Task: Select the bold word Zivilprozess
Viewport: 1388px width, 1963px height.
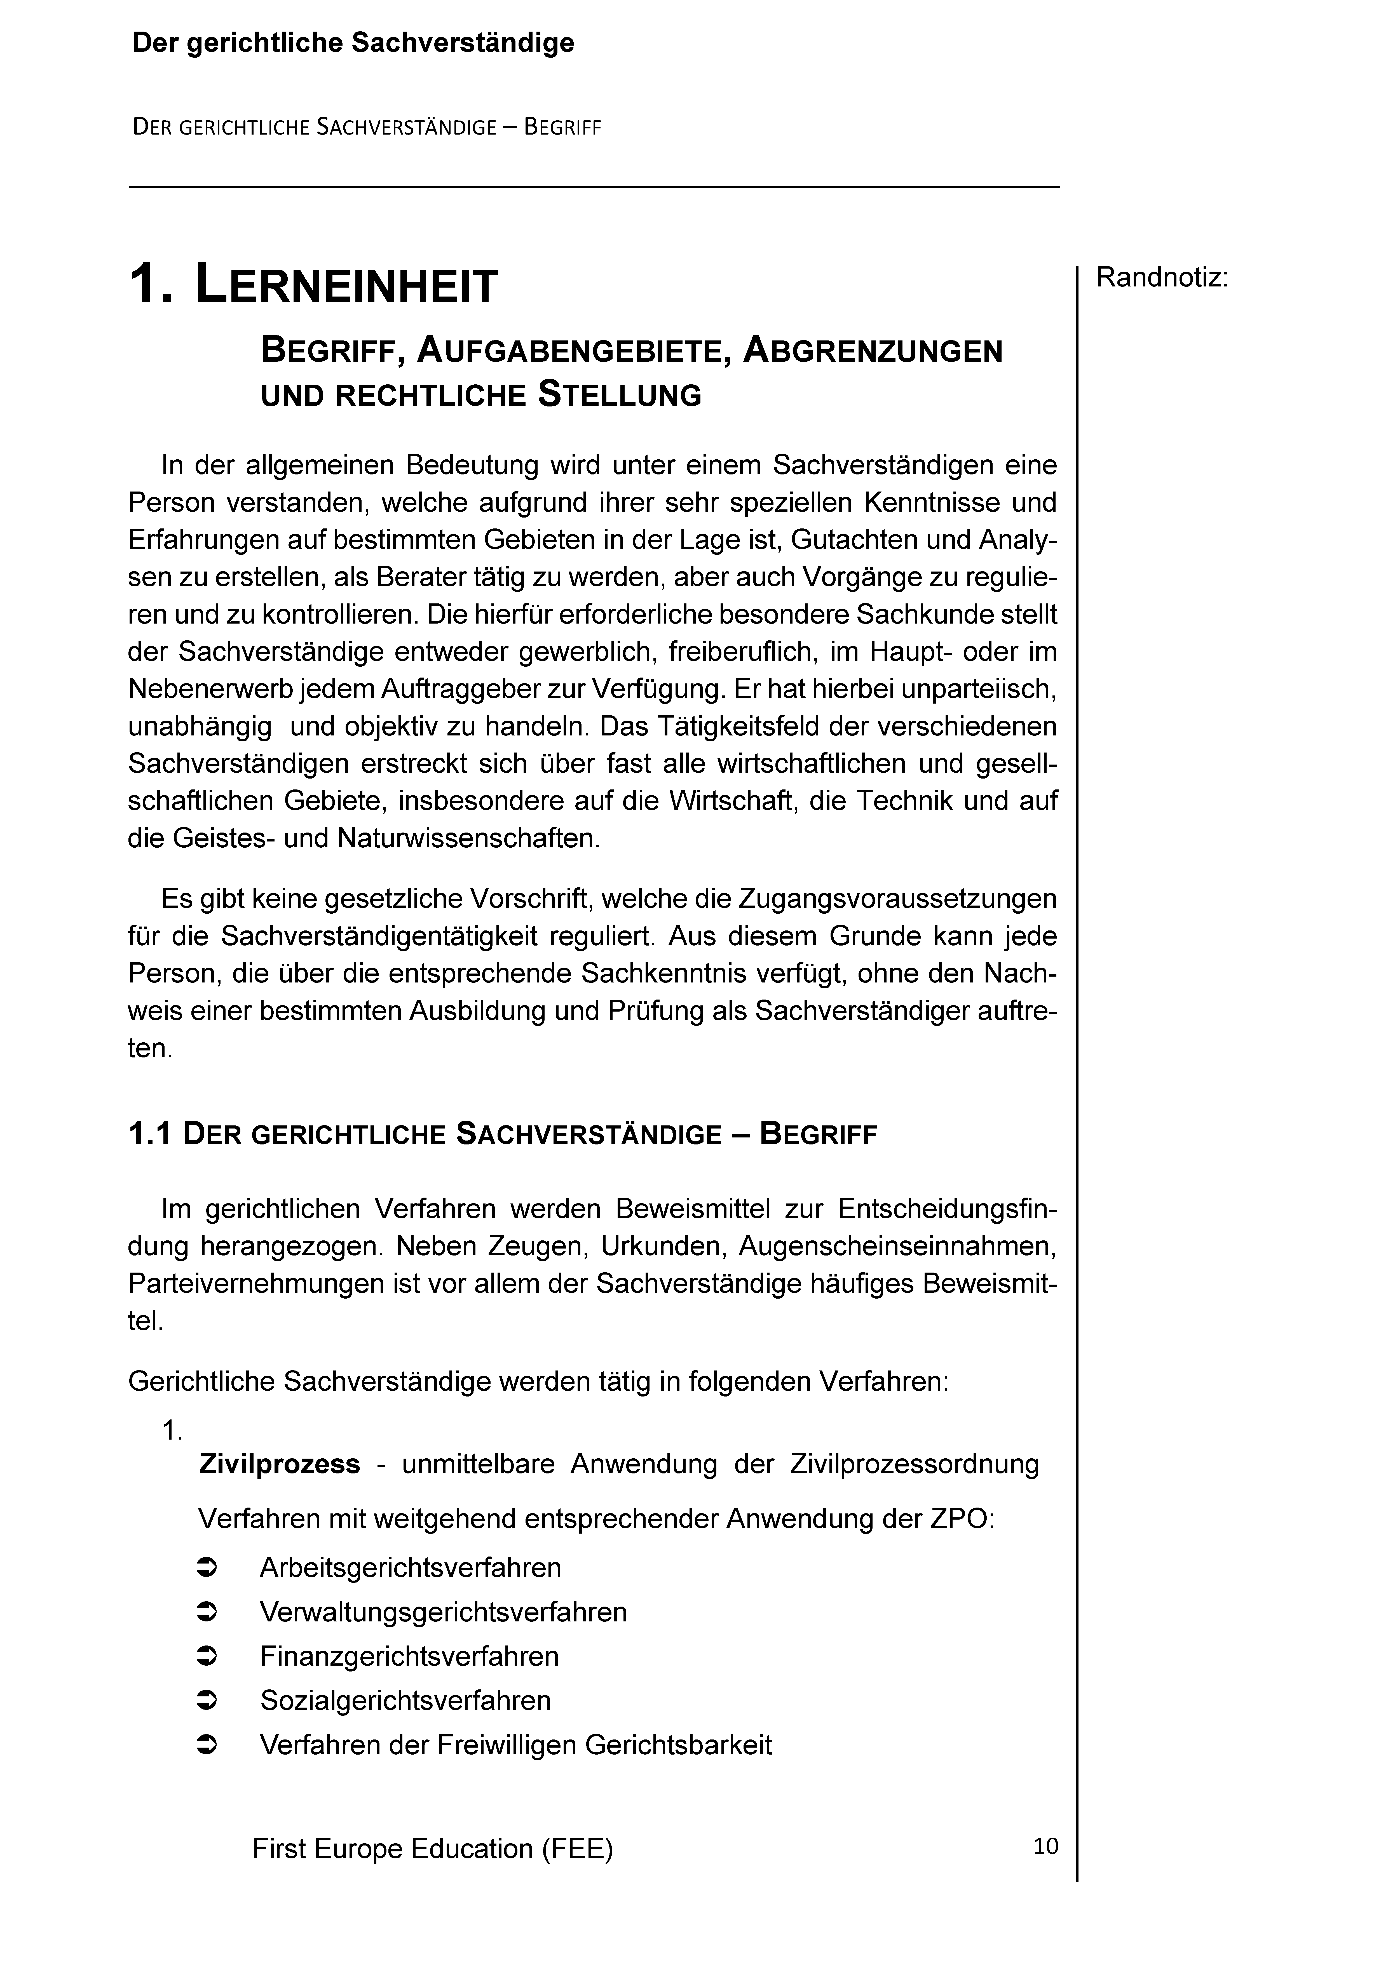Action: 279,1464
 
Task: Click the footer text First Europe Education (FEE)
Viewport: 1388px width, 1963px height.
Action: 433,1848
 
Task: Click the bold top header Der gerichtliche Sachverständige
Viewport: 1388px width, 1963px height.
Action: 353,43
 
